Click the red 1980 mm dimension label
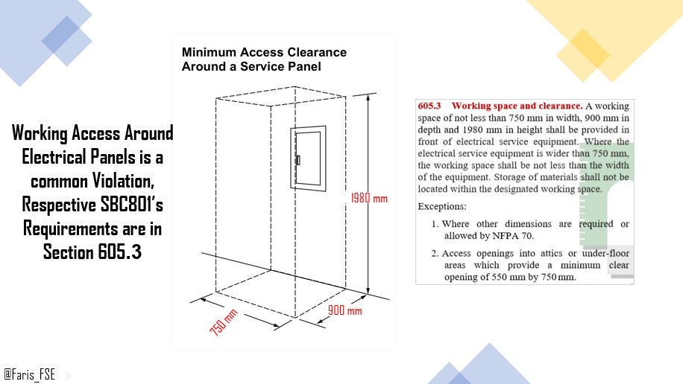(x=369, y=198)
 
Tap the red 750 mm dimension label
(x=224, y=322)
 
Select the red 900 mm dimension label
(x=344, y=310)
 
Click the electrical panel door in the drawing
(x=309, y=159)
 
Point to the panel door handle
(x=298, y=160)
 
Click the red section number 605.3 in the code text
(x=429, y=106)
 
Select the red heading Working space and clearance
(x=517, y=106)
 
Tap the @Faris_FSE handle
(x=30, y=374)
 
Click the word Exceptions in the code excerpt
(x=442, y=206)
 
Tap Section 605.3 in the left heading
(x=92, y=252)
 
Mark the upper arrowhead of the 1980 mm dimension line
(x=368, y=97)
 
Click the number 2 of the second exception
(x=434, y=254)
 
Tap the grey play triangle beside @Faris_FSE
(x=69, y=375)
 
